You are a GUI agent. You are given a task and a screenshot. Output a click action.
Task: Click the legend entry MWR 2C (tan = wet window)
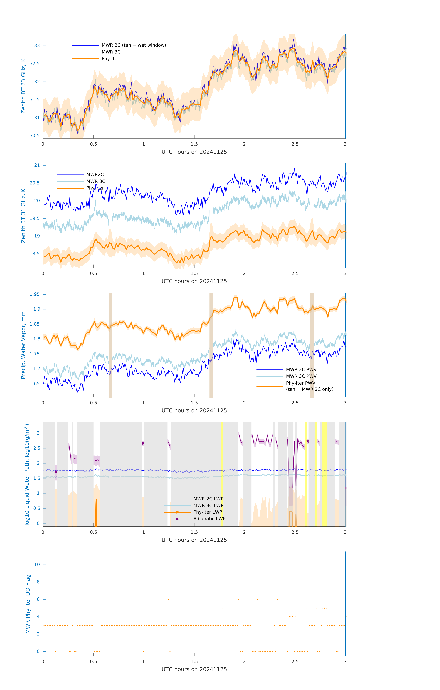pyautogui.click(x=134, y=45)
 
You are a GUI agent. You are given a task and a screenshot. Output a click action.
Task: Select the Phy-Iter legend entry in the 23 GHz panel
pyautogui.click(x=110, y=59)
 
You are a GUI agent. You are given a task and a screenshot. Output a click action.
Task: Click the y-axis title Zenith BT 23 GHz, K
pyautogui.click(x=23, y=86)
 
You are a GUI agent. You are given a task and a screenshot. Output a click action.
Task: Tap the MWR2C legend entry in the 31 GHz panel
pyautogui.click(x=95, y=174)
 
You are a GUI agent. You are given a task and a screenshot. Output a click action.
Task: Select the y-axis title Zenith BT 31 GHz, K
pyautogui.click(x=23, y=216)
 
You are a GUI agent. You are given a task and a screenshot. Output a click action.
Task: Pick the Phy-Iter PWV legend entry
pyautogui.click(x=300, y=383)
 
